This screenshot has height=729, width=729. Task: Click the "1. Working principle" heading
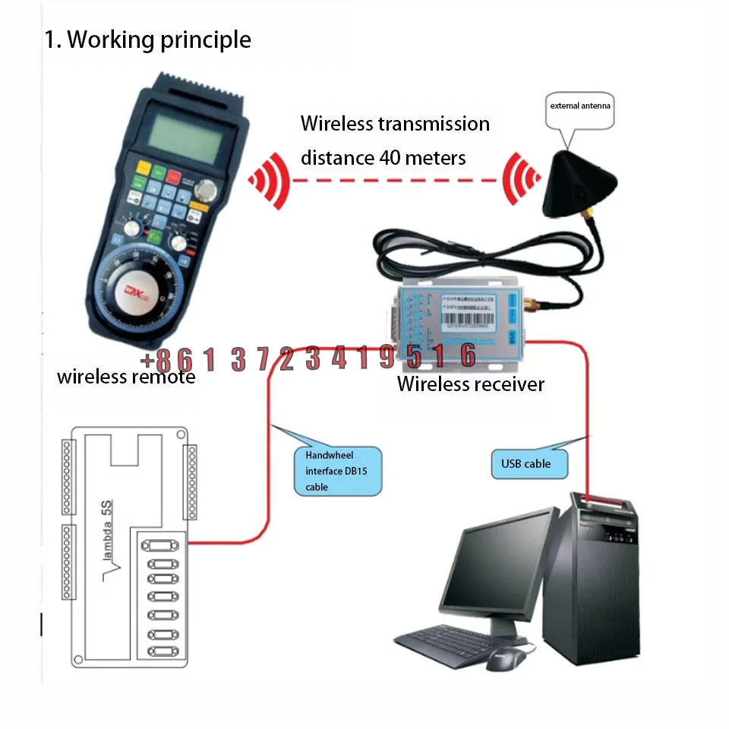(x=147, y=39)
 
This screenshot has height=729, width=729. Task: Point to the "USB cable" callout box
(x=526, y=463)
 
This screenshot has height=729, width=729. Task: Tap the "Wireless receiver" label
(x=471, y=384)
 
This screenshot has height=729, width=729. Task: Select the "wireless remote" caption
(x=126, y=377)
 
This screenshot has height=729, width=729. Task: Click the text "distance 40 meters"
(x=383, y=158)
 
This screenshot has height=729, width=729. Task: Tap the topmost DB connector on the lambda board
(x=159, y=544)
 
